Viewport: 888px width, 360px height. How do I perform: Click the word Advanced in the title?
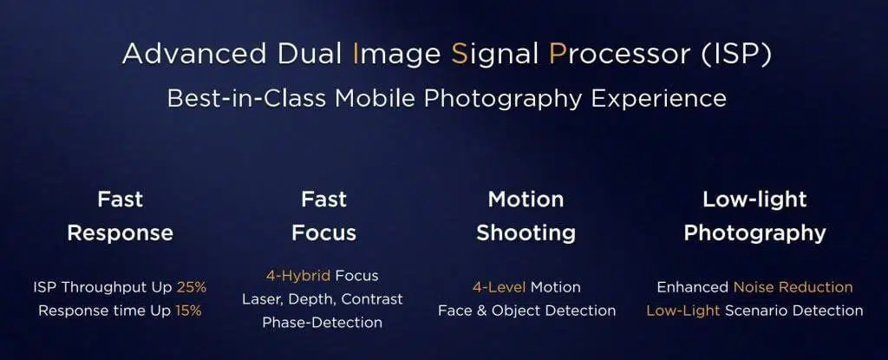(x=194, y=54)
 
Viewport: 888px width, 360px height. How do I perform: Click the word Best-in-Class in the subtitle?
(x=246, y=99)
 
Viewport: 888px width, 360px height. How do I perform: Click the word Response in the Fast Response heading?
(x=120, y=233)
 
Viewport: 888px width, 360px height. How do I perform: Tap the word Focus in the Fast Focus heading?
(x=324, y=233)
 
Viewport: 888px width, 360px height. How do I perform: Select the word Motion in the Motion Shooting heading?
(x=526, y=199)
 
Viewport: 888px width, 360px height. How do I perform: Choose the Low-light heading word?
(x=754, y=200)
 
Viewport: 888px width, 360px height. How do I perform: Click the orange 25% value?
(x=192, y=287)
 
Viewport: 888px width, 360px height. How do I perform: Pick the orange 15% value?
(x=188, y=311)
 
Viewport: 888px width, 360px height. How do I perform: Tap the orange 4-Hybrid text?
(x=298, y=276)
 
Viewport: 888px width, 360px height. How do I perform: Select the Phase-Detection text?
(x=322, y=323)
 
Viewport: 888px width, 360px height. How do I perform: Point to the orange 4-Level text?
(x=499, y=287)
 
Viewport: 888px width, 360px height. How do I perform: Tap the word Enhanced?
(x=693, y=287)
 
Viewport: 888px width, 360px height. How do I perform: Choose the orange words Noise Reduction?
(x=793, y=287)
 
